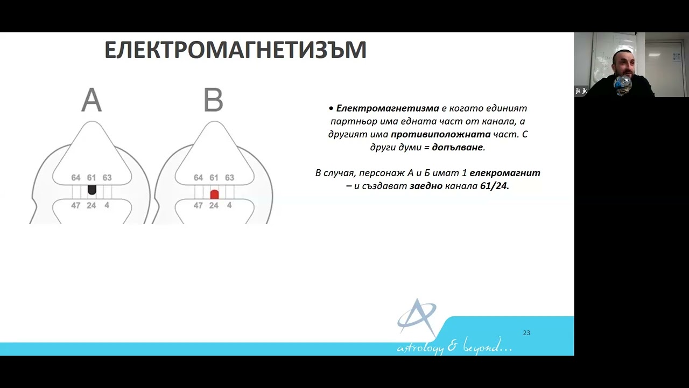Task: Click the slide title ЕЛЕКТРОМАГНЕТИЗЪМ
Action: [x=235, y=50]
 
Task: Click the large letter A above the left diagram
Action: [x=92, y=100]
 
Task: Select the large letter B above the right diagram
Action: [x=213, y=100]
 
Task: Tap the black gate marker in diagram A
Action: [x=92, y=190]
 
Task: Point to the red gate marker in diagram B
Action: [x=214, y=195]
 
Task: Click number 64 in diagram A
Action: [x=75, y=178]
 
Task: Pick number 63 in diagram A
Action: [x=107, y=178]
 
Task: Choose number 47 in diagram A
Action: [x=75, y=205]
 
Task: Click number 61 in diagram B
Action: [x=214, y=178]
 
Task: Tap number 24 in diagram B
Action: [x=214, y=205]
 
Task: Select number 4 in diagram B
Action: [x=229, y=205]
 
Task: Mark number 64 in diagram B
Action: [x=198, y=178]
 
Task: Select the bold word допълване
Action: [x=458, y=147]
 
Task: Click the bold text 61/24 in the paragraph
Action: [x=494, y=186]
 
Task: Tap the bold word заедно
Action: [x=426, y=186]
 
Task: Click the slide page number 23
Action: [x=526, y=333]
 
